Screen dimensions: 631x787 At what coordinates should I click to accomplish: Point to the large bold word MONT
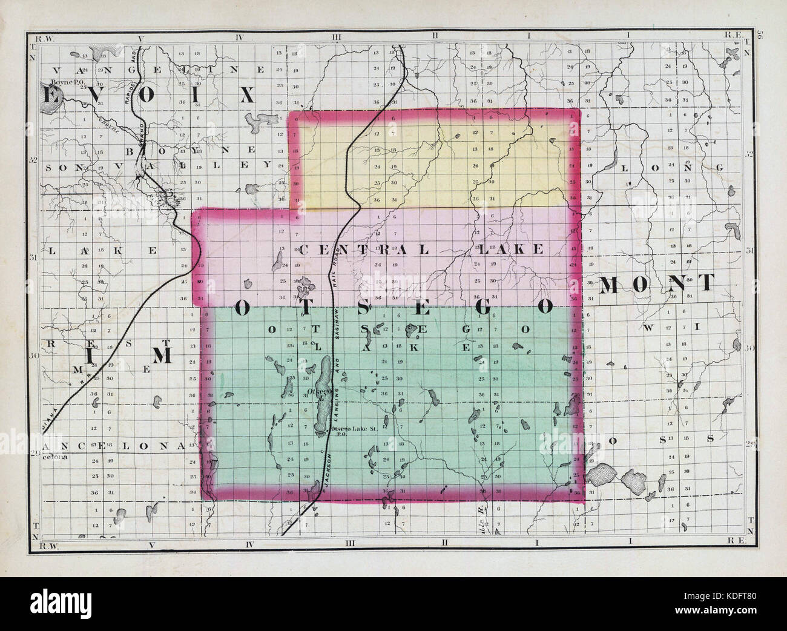click(657, 284)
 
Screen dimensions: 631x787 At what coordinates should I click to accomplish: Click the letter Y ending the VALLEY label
click(266, 164)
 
